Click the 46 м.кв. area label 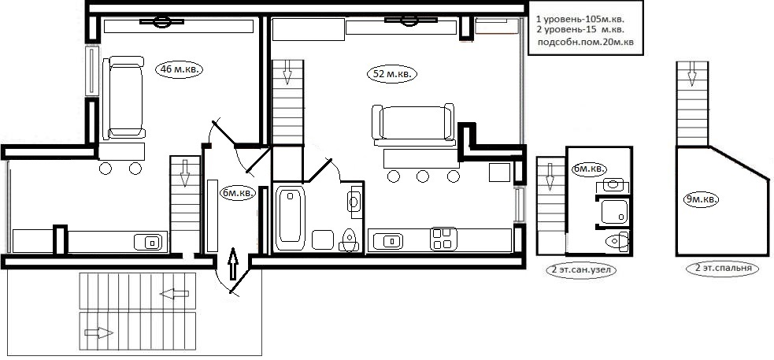point(180,69)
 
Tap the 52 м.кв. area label point(392,75)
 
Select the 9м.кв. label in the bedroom point(701,199)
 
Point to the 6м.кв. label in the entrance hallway point(238,193)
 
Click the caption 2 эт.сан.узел point(582,269)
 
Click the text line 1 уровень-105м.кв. point(580,20)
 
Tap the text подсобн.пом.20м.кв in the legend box point(586,43)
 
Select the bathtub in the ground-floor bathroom point(290,217)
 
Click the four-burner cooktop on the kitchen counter point(443,238)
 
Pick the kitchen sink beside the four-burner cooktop point(388,242)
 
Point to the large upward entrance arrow point(233,264)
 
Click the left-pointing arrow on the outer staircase point(174,294)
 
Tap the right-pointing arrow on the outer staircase point(98,333)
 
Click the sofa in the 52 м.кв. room point(413,124)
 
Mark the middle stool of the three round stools point(422,176)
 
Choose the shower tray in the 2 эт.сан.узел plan point(614,211)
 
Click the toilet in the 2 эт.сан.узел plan point(617,241)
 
